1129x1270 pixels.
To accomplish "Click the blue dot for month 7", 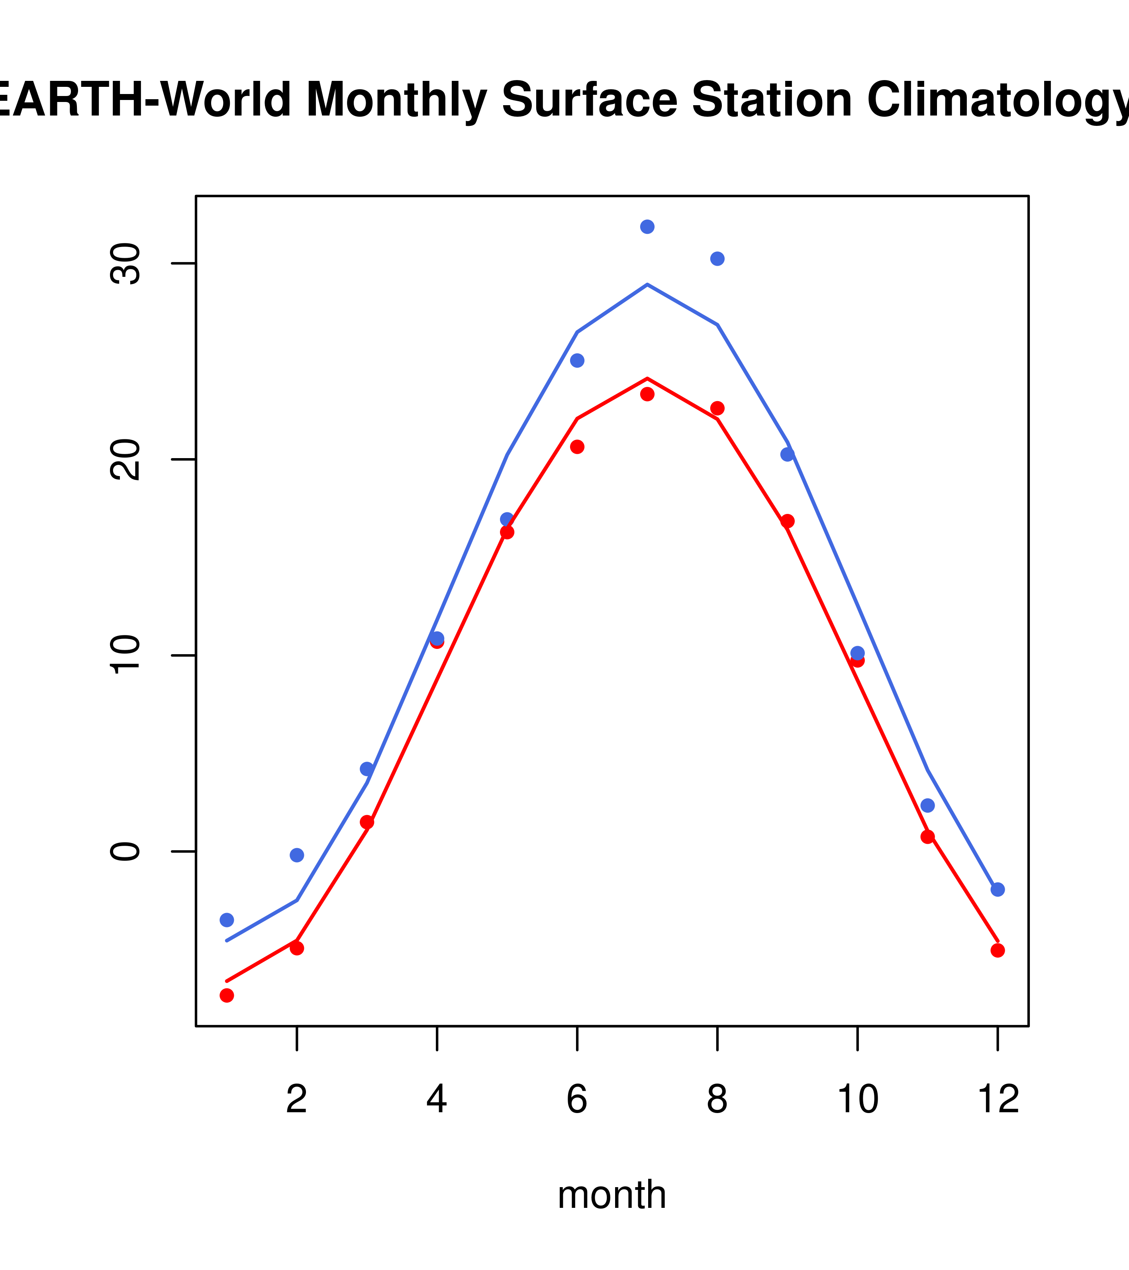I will [x=647, y=227].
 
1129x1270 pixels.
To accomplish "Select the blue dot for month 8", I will [x=717, y=259].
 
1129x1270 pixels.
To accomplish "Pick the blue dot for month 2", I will [x=297, y=855].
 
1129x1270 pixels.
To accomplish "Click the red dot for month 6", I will [x=577, y=447].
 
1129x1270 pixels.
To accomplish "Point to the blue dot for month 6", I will [x=577, y=361].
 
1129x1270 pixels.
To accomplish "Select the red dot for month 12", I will [x=997, y=950].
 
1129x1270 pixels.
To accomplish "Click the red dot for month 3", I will [x=367, y=822].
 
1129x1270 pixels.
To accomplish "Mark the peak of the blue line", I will [x=647, y=284].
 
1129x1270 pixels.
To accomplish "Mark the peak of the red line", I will [x=647, y=378].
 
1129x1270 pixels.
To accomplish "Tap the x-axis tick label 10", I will [x=857, y=1099].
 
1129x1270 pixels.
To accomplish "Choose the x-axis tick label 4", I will [x=437, y=1099].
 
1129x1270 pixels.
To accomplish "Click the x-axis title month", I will [x=612, y=1195].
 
